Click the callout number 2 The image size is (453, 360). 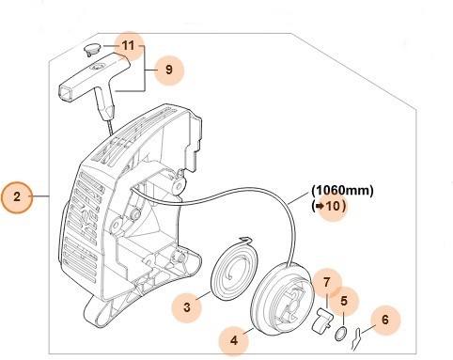[x=18, y=197]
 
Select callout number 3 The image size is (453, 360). [x=188, y=305]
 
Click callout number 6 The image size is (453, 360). [x=390, y=321]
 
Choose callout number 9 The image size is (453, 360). [x=168, y=69]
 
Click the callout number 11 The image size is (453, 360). [x=130, y=45]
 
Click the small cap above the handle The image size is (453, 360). [x=90, y=49]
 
